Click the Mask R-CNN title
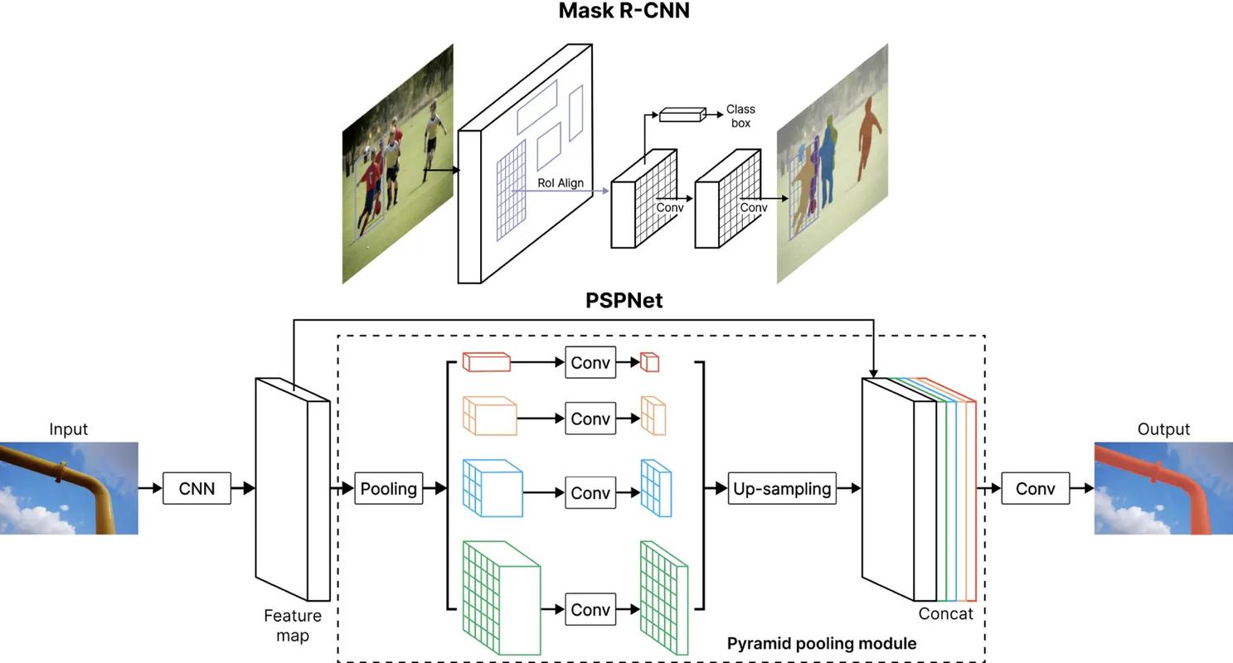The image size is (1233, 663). point(624,11)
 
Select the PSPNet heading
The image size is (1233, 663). point(624,301)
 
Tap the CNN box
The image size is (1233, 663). point(197,489)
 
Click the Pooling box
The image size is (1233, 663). point(388,489)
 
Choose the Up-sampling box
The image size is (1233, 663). point(782,489)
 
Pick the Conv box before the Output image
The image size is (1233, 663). point(1035,489)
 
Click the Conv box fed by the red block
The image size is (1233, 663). point(590,363)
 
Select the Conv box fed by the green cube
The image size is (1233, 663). point(590,610)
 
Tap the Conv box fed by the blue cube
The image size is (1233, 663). point(590,493)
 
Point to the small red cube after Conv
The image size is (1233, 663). point(649,362)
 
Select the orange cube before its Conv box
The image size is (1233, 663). point(489,415)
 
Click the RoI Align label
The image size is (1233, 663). point(561,183)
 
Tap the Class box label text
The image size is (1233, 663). point(740,116)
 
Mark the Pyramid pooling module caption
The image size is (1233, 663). point(821,644)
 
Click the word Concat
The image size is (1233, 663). point(945,614)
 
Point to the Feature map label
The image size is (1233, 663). point(293,626)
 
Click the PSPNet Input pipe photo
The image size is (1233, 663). point(69,487)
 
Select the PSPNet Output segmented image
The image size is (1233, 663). point(1163,487)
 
